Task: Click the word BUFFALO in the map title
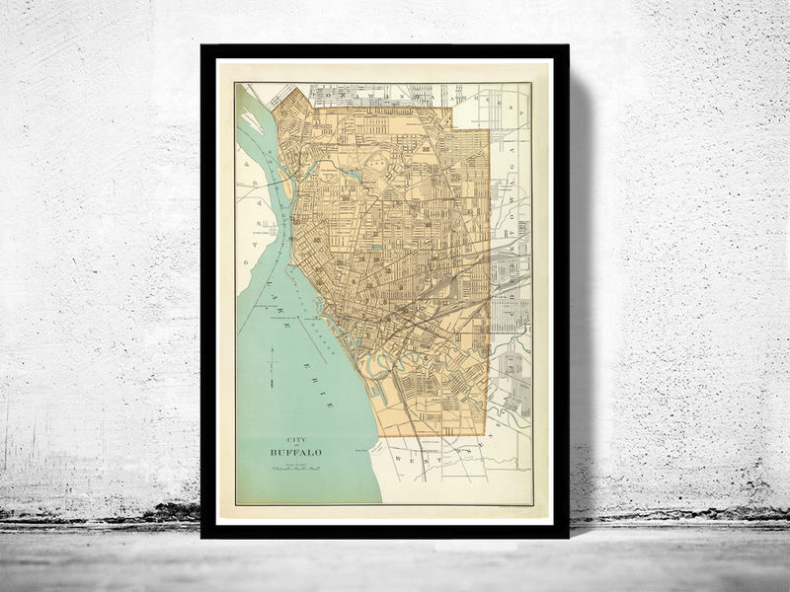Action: point(295,452)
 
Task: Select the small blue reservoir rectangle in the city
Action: point(376,246)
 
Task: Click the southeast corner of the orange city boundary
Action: point(488,433)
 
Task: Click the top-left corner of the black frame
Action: point(202,46)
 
